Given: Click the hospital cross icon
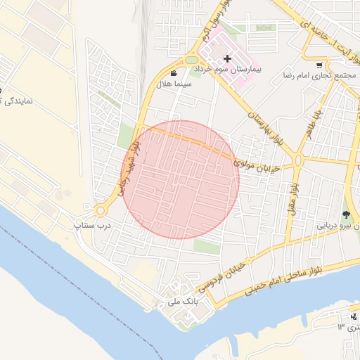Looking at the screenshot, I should pos(226,59).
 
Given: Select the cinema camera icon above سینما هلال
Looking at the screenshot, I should pos(174,73).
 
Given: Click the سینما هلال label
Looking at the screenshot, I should pos(174,84).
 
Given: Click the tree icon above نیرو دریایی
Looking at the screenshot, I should pos(345,214).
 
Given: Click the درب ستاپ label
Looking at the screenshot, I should pos(93,226).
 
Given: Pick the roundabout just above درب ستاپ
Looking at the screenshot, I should pos(100,210).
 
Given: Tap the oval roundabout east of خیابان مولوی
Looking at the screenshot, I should pos(298,160).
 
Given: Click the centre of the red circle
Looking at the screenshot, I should pos(180,179).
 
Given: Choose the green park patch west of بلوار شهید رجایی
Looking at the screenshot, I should pos(124,136).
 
